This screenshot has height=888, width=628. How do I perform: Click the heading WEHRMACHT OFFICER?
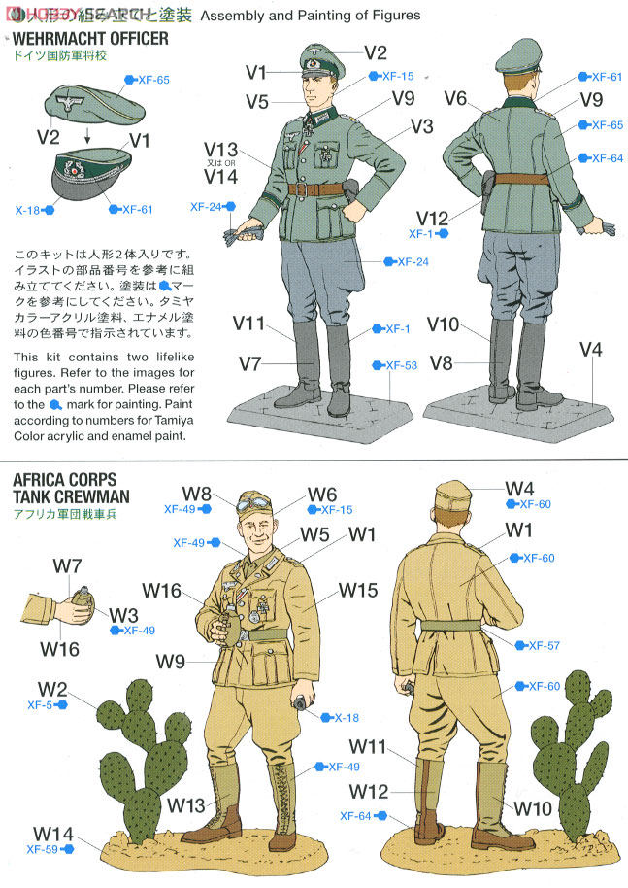[89, 39]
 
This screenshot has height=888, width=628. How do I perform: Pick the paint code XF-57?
[544, 645]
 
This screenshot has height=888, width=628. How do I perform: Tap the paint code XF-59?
[43, 848]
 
